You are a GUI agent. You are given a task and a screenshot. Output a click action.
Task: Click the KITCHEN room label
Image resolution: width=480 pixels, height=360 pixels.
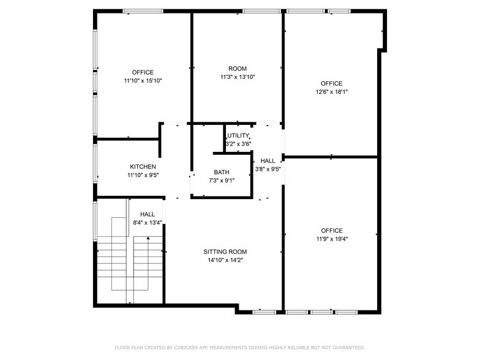pos(143,167)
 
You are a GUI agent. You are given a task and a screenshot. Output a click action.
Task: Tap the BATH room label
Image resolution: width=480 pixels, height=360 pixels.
pos(222,172)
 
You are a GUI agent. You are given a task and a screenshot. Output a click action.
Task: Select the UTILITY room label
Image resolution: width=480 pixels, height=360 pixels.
pos(238,135)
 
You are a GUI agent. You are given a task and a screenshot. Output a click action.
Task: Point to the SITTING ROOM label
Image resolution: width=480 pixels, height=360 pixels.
pos(225,252)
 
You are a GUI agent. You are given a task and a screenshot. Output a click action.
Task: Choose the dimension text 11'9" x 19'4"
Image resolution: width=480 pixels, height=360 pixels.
pos(331,239)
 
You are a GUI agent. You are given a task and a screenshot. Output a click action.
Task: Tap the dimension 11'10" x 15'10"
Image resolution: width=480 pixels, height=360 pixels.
pos(143,81)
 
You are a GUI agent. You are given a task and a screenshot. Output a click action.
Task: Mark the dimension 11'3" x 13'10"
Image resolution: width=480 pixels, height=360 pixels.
pos(238,77)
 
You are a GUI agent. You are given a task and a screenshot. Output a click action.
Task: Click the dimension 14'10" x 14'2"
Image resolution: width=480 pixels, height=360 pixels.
pos(225,260)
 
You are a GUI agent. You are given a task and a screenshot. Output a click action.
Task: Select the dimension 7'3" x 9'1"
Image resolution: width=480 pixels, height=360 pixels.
pos(222,181)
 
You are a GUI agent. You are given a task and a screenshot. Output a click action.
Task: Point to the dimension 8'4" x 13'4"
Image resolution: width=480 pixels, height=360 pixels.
pos(147,223)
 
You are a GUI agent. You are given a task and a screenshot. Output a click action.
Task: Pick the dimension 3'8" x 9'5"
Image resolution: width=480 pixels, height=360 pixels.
pos(268,170)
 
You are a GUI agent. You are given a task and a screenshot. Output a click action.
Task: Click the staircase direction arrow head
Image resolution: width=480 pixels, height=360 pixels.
pos(148,237)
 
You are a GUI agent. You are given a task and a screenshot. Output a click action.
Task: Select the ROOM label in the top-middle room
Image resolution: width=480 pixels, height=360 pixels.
pos(238,69)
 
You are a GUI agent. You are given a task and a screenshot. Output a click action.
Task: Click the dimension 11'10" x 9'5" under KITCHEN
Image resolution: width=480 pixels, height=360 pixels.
pos(143,175)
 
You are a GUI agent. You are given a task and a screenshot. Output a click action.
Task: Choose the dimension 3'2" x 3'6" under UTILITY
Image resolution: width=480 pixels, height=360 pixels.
pos(238,144)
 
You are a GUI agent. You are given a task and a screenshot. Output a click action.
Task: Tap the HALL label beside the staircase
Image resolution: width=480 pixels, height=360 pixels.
pos(147,214)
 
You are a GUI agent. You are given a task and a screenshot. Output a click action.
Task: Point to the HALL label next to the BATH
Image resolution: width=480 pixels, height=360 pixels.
pos(268,161)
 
